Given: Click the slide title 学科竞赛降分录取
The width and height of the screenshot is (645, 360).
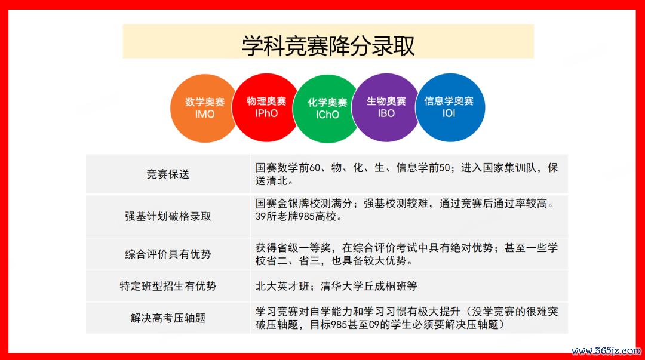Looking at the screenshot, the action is point(328,45).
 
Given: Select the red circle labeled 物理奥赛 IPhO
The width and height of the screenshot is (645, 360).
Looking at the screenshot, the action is point(266,107).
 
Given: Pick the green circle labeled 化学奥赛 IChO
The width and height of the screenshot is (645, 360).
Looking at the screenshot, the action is point(327,109).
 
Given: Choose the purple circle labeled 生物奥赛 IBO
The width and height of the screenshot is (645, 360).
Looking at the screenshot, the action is point(386,107).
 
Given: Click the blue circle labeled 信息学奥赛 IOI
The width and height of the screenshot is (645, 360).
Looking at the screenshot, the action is point(450,107).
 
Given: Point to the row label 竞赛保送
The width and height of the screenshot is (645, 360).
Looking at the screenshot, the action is point(168,174).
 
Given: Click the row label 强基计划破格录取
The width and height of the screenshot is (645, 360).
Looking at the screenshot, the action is point(168,216).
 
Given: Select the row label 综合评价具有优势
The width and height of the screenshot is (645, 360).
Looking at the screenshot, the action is point(168,254).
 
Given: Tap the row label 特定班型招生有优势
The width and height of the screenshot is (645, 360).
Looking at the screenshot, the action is point(168,286).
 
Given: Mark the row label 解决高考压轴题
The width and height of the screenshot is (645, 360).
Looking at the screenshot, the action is point(168,318).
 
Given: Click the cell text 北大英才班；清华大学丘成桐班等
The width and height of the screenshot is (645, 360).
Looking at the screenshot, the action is point(336,286).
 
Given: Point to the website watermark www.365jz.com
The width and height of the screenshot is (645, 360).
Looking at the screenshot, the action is point(606,351).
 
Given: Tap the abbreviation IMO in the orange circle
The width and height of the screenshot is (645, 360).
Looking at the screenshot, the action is point(205,114).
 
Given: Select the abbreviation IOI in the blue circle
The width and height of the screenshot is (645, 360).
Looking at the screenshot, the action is point(449,113).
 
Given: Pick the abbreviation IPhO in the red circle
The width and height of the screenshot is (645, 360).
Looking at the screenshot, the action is point(266,113).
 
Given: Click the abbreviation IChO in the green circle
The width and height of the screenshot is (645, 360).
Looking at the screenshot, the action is point(327,115).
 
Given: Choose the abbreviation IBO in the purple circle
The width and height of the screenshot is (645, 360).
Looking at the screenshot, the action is point(386,113).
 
